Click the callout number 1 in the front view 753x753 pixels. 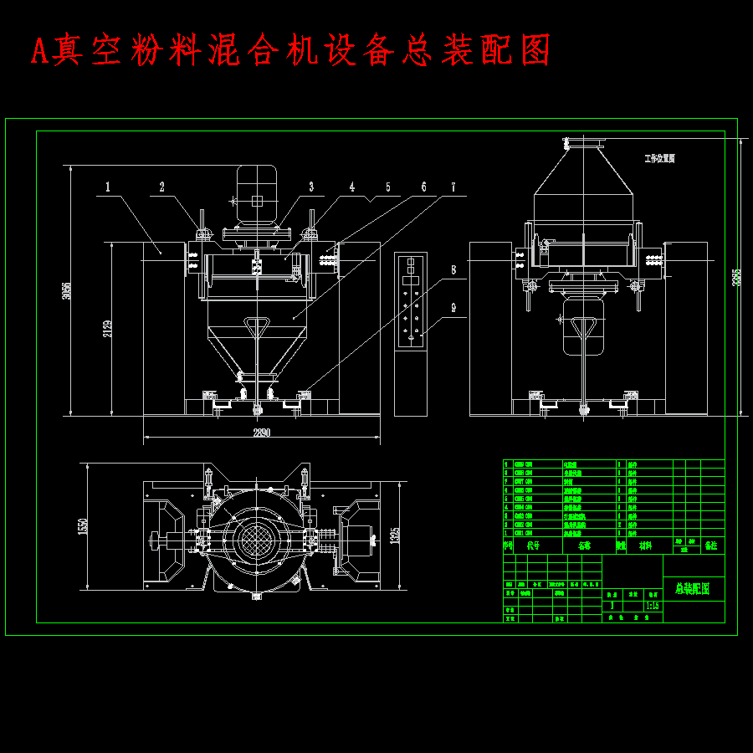point(108,187)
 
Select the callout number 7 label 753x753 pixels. point(454,187)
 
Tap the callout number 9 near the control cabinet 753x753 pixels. point(454,307)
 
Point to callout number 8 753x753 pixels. point(454,269)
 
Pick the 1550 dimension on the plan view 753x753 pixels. point(82,526)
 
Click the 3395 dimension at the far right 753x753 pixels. point(737,277)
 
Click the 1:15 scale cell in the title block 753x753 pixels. point(653,605)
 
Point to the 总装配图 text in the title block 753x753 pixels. point(693,588)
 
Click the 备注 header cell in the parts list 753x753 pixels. point(711,546)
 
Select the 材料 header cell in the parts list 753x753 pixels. point(646,546)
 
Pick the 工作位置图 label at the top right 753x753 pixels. point(659,158)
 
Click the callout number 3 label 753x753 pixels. point(310,187)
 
